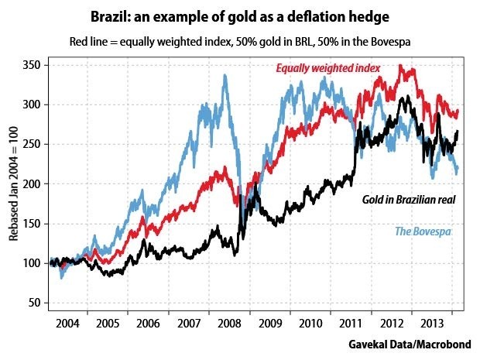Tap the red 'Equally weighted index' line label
point(328,69)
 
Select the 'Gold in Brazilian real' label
point(408,199)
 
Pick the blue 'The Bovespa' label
point(423,231)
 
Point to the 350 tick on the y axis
point(32,65)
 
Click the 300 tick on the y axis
point(32,105)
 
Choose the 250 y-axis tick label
point(32,144)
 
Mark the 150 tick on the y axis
point(32,224)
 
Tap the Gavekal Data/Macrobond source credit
point(410,342)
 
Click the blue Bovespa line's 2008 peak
point(225,76)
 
